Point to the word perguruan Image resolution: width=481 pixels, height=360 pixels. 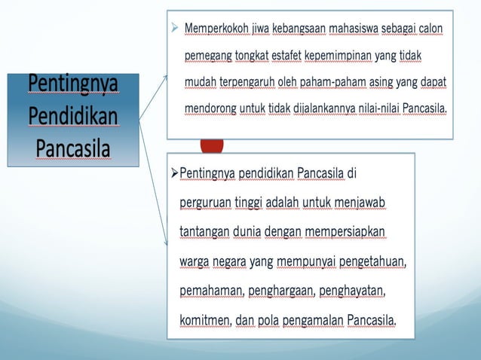[205, 203]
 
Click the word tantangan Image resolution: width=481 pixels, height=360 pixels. [204, 232]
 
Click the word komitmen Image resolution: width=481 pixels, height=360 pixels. [204, 320]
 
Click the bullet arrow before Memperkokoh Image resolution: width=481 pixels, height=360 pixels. [175, 29]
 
